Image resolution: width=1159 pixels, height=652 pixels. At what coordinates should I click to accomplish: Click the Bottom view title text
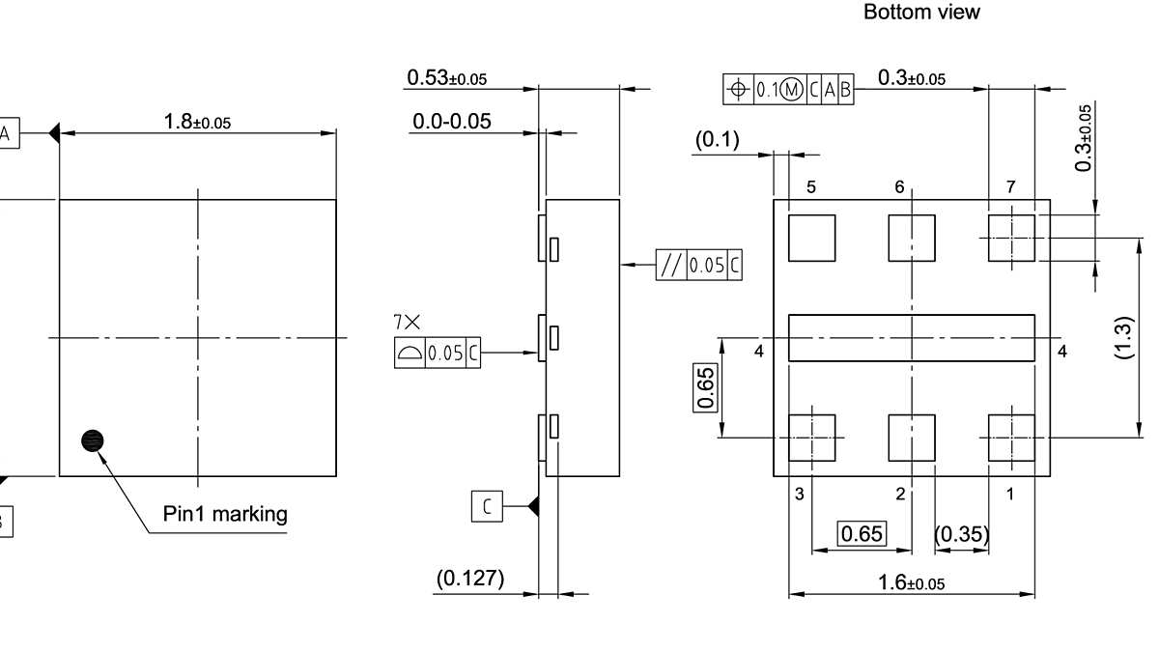(920, 13)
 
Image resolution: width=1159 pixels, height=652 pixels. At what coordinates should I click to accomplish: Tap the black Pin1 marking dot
(93, 441)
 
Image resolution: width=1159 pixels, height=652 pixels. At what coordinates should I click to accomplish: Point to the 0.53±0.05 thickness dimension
(446, 78)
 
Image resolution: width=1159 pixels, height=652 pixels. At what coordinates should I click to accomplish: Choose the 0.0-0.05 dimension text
(451, 122)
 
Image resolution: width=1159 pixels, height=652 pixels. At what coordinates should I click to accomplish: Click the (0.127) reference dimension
(470, 579)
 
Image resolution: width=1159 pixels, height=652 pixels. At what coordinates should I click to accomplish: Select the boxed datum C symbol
(487, 505)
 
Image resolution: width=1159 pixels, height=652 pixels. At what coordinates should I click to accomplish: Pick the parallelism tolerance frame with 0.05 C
(699, 265)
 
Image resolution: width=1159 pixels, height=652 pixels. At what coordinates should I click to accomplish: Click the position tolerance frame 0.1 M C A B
(788, 90)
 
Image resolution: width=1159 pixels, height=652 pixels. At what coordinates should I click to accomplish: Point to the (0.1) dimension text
(718, 141)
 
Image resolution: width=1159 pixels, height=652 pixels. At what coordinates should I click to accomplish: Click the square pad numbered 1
(1011, 438)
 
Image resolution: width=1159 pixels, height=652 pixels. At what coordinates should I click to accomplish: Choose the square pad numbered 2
(912, 438)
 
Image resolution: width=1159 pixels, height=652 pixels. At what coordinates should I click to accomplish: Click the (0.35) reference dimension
(962, 534)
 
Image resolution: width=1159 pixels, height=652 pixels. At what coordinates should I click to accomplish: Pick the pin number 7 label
(1010, 186)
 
